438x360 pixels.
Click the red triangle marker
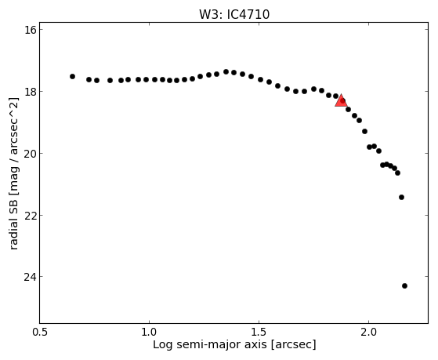pyautogui.click(x=341, y=101)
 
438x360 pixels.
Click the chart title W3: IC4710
pyautogui.click(x=234, y=15)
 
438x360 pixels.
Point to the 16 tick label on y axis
pyautogui.click(x=31, y=30)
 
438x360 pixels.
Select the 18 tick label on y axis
pyautogui.click(x=31, y=92)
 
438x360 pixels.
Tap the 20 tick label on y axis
pyautogui.click(x=31, y=153)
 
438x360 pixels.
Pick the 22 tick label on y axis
pyautogui.click(x=31, y=215)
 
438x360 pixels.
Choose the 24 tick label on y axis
pyautogui.click(x=31, y=277)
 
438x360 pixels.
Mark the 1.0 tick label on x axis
pyautogui.click(x=150, y=333)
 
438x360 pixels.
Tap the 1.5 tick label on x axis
pyautogui.click(x=259, y=333)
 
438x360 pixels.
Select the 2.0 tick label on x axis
pyautogui.click(x=369, y=333)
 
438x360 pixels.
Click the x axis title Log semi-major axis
pyautogui.click(x=210, y=345)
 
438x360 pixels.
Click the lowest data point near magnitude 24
pyautogui.click(x=404, y=285)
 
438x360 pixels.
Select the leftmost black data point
pyautogui.click(x=72, y=76)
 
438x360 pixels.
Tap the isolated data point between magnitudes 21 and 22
pyautogui.click(x=401, y=197)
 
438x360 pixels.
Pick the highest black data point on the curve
pyautogui.click(x=226, y=72)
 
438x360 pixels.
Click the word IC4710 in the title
pyautogui.click(x=248, y=15)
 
